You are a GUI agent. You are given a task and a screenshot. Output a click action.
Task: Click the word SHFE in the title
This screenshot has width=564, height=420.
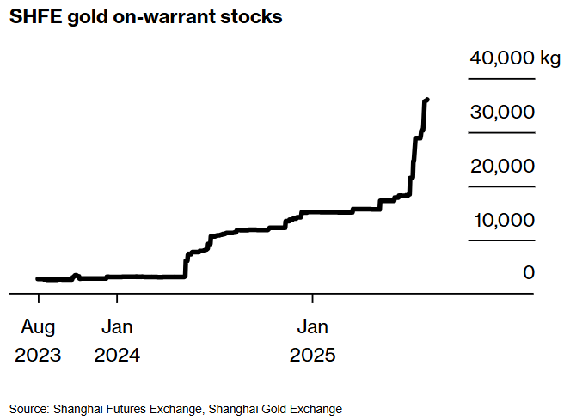coord(35,16)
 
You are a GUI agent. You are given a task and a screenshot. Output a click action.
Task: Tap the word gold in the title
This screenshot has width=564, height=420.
coord(88,17)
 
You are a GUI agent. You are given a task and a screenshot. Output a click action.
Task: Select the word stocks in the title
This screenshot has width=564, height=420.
coord(251,17)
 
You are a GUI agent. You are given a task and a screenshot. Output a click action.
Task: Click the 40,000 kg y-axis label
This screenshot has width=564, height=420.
coord(515,58)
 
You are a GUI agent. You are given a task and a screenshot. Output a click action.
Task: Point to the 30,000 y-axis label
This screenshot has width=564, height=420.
coord(502,112)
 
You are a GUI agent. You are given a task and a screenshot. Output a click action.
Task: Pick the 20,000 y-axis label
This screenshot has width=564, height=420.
coord(502,166)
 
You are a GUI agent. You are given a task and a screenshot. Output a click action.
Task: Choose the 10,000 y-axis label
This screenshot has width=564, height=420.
coord(504,220)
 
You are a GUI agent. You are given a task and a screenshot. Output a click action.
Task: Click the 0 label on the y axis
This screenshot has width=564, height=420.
coord(529,272)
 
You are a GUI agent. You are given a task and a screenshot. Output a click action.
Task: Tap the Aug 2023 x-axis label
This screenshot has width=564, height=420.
coord(38,341)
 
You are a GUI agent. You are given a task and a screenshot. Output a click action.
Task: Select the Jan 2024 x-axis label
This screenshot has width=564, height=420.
coord(117,341)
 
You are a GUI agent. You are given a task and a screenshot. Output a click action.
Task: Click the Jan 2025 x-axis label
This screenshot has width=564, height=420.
coord(312,341)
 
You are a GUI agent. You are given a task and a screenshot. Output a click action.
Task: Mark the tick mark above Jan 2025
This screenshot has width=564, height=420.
coord(313,298)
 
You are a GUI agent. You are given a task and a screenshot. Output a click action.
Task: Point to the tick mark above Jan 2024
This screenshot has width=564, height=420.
coord(117,298)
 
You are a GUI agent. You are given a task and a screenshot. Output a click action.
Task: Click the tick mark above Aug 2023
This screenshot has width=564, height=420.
coord(39,298)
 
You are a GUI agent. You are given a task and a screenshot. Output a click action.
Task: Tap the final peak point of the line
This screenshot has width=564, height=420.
coord(427,100)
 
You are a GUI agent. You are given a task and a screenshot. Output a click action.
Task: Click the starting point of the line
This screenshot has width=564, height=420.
coord(38,278)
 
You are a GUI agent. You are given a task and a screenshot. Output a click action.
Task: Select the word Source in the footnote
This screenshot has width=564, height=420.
coord(28,409)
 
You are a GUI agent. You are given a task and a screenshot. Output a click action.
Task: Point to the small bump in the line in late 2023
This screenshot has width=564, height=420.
coord(76,276)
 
